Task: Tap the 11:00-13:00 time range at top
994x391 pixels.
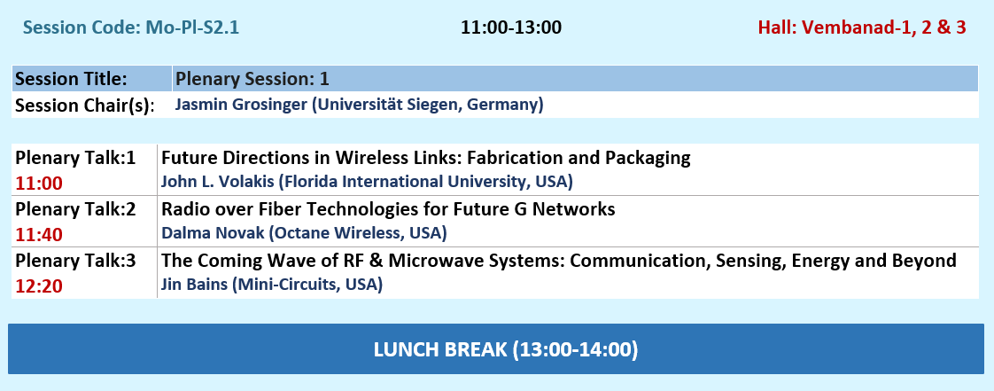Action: [511, 28]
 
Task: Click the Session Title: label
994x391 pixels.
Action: [71, 79]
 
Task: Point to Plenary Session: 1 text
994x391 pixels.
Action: [252, 79]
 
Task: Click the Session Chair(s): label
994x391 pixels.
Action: [85, 106]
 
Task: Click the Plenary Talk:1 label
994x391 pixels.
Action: [75, 158]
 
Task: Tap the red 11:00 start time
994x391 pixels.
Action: [39, 184]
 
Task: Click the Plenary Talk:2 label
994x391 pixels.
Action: [75, 209]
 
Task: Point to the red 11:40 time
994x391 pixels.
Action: [39, 235]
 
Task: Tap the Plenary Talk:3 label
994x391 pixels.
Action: [75, 261]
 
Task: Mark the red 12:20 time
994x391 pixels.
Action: [39, 286]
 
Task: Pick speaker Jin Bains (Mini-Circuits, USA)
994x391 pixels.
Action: [272, 285]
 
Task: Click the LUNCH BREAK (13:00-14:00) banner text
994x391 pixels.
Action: [506, 349]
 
